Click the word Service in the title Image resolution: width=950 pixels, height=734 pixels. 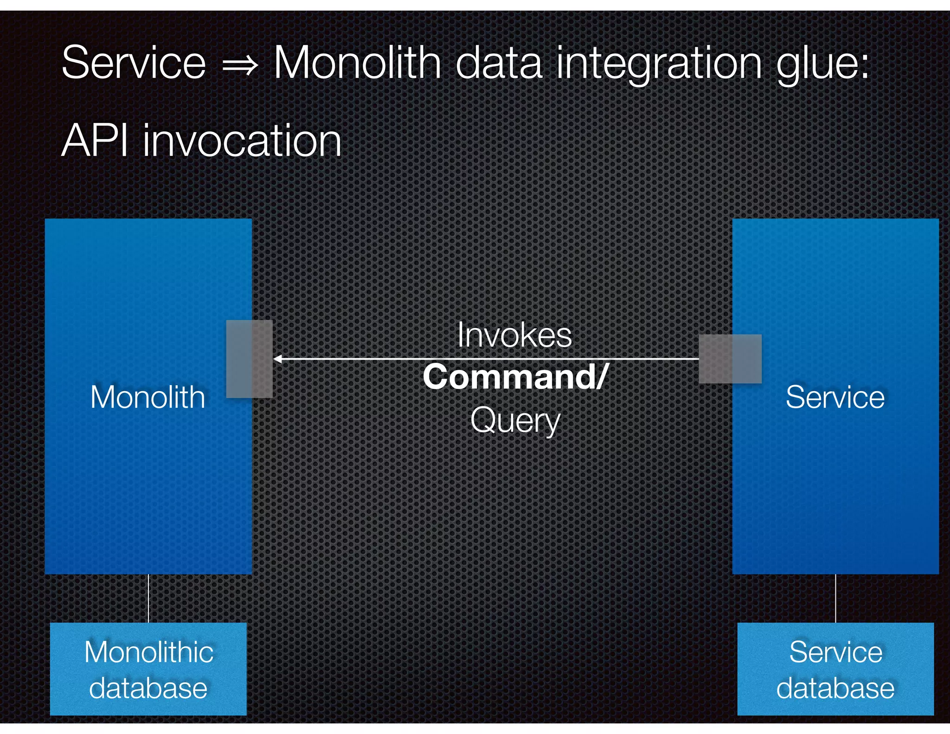(x=134, y=63)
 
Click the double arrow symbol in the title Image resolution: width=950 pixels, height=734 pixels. (x=240, y=65)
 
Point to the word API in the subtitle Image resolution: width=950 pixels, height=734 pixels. (x=95, y=141)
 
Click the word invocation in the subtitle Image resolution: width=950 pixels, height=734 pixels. (x=242, y=141)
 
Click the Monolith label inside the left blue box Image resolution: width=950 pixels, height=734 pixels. (x=148, y=397)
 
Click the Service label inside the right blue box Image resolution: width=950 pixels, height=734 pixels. (x=835, y=397)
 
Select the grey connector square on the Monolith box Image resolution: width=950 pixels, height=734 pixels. (x=249, y=359)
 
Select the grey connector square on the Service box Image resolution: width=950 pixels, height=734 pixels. (x=730, y=359)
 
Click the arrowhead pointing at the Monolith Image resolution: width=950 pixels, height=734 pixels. (x=277, y=359)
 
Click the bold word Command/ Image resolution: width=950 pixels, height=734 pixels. (x=514, y=377)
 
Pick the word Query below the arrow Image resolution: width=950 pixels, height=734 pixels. (x=515, y=421)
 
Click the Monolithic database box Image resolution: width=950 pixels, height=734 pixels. (x=148, y=669)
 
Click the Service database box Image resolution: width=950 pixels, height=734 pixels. (x=835, y=669)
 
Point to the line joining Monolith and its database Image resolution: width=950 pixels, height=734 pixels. (x=148, y=599)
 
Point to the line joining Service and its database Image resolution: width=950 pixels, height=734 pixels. (x=835, y=599)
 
